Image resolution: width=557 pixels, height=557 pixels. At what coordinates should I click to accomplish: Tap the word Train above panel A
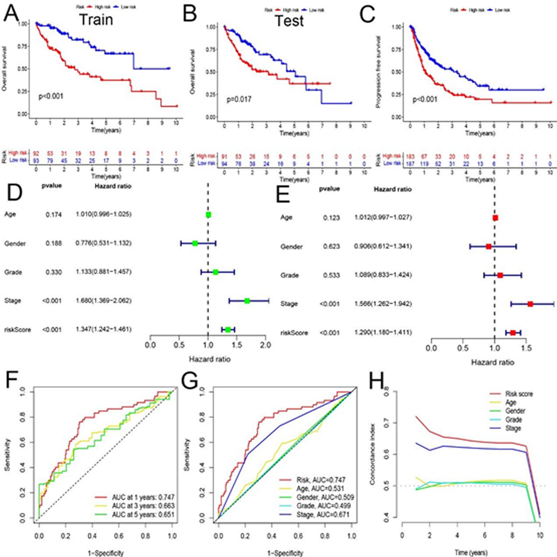(96, 19)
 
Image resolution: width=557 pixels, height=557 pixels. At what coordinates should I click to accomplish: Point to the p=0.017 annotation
(239, 100)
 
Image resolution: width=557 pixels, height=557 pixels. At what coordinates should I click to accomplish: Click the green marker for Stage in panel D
(247, 301)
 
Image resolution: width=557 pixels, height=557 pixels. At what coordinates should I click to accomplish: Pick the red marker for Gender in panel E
(488, 246)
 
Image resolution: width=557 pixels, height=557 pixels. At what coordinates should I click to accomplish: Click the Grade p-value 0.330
(53, 272)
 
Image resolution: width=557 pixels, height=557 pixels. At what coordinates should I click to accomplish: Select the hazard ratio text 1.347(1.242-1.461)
(103, 329)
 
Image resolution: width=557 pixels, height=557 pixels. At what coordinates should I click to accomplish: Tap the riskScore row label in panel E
(294, 333)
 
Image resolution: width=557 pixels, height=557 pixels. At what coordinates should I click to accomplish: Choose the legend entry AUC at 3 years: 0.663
(143, 506)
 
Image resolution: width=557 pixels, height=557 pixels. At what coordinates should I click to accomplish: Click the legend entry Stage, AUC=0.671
(323, 515)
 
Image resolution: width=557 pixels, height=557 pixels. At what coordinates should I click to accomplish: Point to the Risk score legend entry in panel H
(519, 394)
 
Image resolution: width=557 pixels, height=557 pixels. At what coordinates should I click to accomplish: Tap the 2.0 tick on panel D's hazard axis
(266, 345)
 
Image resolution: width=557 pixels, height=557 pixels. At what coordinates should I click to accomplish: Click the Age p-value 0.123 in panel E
(331, 218)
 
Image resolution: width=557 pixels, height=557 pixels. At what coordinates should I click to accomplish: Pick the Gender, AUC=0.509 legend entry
(325, 497)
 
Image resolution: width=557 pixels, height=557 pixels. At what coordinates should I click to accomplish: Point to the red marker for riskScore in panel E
(513, 333)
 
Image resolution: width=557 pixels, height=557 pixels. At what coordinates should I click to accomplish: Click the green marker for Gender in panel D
(195, 243)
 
